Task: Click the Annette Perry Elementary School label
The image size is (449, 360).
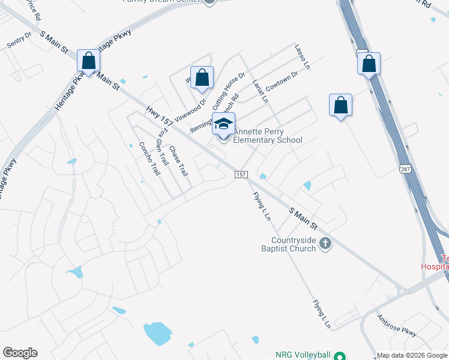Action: pyautogui.click(x=267, y=136)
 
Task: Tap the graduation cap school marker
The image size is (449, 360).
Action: pyautogui.click(x=224, y=125)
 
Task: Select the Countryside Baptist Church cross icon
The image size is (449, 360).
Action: pyautogui.click(x=325, y=243)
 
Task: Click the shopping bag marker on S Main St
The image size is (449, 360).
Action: pyautogui.click(x=89, y=61)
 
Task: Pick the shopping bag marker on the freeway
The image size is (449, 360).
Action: pyautogui.click(x=369, y=64)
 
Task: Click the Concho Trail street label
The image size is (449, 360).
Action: pyautogui.click(x=150, y=158)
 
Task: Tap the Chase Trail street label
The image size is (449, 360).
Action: pyautogui.click(x=179, y=161)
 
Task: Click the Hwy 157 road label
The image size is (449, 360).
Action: pyautogui.click(x=159, y=116)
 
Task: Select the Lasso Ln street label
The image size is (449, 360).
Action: pyautogui.click(x=301, y=55)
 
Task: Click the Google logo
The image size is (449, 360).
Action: pyautogui.click(x=20, y=353)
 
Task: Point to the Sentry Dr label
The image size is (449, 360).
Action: pyautogui.click(x=19, y=41)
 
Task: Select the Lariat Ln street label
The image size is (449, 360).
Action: pyautogui.click(x=260, y=91)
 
